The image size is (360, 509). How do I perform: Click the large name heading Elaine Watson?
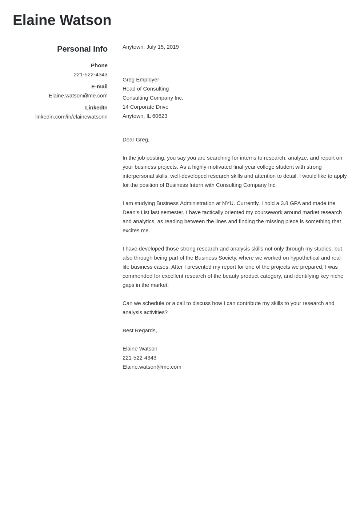62,20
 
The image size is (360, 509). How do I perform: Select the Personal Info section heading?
82,49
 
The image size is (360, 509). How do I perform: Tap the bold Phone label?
99,65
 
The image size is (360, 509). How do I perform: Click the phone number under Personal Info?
91,75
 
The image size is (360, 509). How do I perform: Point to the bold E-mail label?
99,87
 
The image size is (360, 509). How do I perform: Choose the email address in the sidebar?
78,96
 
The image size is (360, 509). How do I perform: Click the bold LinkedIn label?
96,108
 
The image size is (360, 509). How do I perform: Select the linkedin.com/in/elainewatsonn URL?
71,117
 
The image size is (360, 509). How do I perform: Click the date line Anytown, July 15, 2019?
151,47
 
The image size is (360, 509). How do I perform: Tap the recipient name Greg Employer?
141,80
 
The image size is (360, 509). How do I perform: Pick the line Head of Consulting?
145,89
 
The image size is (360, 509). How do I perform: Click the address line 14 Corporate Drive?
145,107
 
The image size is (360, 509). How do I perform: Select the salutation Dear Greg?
136,140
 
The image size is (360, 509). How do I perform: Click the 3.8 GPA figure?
290,203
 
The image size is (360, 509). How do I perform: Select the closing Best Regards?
140,330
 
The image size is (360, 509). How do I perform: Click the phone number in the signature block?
139,358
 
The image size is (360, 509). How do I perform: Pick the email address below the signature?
152,367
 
